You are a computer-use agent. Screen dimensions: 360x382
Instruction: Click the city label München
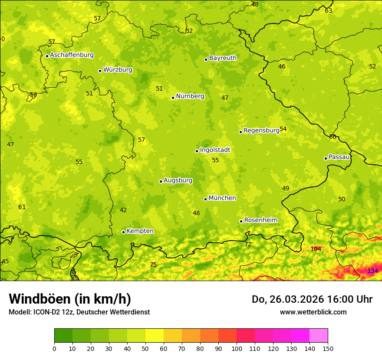tap(222, 198)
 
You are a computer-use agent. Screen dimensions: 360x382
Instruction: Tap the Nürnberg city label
tap(190, 96)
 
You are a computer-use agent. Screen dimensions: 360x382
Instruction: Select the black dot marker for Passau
tap(326, 158)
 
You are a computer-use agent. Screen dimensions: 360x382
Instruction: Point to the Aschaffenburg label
tap(72, 55)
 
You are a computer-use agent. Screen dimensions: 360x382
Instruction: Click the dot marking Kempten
tap(123, 232)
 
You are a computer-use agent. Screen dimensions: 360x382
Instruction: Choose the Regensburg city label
tap(261, 131)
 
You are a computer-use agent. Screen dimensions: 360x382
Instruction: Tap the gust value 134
tap(372, 271)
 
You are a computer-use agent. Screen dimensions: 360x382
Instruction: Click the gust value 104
tap(316, 249)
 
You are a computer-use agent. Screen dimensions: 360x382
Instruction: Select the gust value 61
tap(22, 207)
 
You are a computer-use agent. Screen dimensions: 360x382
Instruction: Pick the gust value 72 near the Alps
tap(248, 245)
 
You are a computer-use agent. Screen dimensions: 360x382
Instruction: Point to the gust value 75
tap(153, 265)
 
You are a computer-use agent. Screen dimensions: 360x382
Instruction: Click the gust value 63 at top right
tap(328, 10)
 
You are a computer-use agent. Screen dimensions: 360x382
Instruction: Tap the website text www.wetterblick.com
tap(313, 312)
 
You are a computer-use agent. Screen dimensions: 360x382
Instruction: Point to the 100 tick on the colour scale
tap(237, 348)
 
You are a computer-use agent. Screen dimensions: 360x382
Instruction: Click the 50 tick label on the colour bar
tap(145, 348)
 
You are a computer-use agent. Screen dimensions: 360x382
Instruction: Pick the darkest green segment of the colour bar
tap(63, 336)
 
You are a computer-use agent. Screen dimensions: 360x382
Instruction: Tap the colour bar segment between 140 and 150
tap(319, 336)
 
